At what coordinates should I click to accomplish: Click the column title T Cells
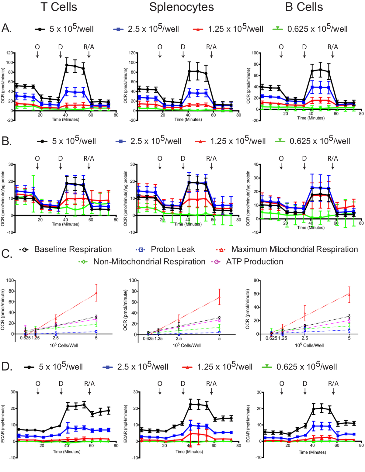tap(59, 7)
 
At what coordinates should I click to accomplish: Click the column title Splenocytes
tap(181, 7)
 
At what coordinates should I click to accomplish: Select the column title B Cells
tap(304, 7)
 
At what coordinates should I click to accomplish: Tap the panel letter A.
tap(6, 28)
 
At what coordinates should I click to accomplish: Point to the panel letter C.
tap(7, 253)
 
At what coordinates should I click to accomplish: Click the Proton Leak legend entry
tap(173, 250)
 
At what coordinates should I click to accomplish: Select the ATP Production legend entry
tap(254, 262)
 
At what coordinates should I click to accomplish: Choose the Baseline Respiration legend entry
tap(73, 250)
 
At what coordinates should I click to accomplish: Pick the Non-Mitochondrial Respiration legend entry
tap(149, 262)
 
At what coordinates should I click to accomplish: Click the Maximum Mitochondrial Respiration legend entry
tap(294, 250)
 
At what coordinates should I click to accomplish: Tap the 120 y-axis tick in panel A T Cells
tap(10, 53)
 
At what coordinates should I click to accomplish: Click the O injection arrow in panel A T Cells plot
tap(37, 54)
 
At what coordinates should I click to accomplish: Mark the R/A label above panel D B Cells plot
tap(333, 384)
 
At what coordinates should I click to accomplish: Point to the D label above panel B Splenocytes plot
tap(183, 158)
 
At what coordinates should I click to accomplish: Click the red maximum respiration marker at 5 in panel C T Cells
tap(96, 293)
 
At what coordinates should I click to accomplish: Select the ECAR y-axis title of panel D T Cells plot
tap(3, 424)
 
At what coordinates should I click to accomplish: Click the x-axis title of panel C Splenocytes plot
tap(187, 345)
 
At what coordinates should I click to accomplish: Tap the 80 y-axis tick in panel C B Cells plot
tap(256, 281)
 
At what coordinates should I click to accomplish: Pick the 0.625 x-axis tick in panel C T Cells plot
tap(25, 338)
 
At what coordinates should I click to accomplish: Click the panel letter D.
tap(7, 367)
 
